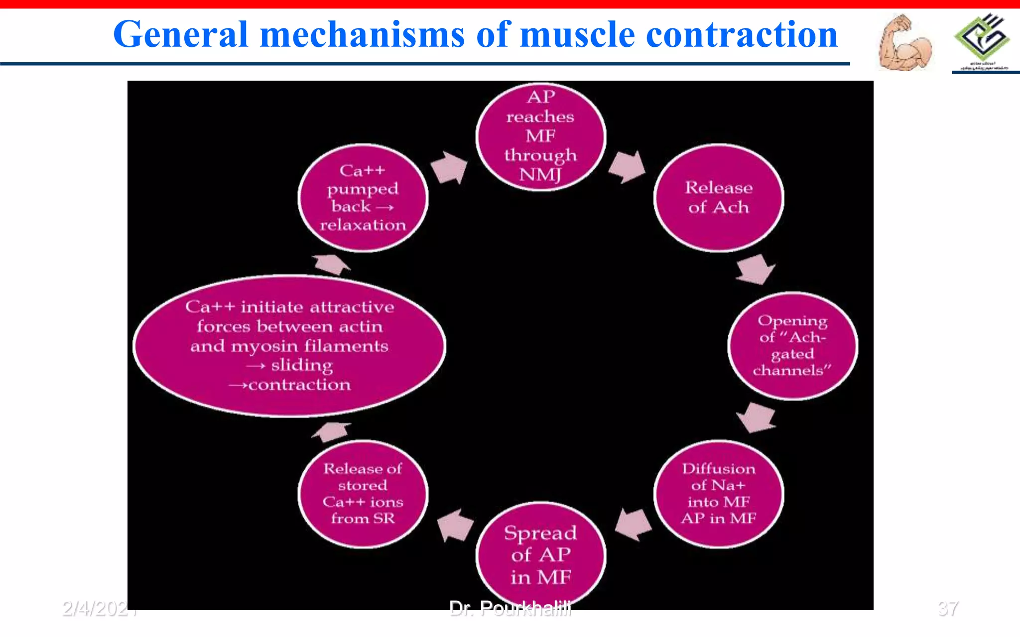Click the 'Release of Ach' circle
point(718,198)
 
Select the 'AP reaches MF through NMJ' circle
point(541,136)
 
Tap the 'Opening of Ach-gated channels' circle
point(792,346)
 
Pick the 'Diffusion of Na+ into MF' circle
point(718,494)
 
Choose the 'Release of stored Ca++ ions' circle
point(363,494)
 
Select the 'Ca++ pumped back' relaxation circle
point(363,198)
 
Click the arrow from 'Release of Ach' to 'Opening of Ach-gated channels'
point(756,269)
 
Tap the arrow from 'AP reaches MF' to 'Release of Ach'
point(627,167)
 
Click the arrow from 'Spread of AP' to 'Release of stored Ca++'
point(455,525)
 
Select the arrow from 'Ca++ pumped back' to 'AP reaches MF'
point(449,167)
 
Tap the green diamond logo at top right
point(982,37)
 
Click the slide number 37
point(948,608)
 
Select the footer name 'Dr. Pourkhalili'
point(510,608)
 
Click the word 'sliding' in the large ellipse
point(302,366)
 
